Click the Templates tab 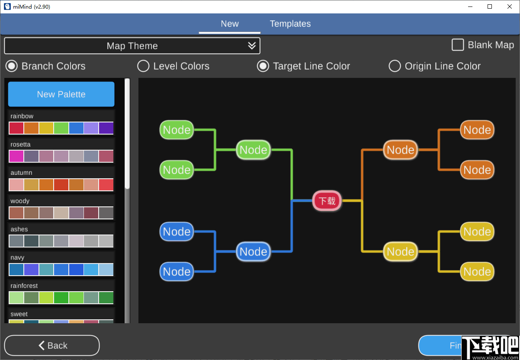coord(290,24)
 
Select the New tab coord(230,24)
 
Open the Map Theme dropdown coord(132,46)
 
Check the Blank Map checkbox coord(458,45)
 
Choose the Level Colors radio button coord(143,66)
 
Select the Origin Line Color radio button coord(395,66)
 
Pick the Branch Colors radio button coord(12,66)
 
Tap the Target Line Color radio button coord(263,66)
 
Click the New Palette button coord(61,94)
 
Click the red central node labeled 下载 coord(327,201)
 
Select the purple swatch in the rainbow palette coord(106,128)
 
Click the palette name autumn coord(21,173)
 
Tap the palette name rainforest coord(24,286)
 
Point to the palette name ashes coord(19,229)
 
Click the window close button coord(509,6)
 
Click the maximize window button coord(490,6)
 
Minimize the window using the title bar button coord(470,6)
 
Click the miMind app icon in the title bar coord(7,6)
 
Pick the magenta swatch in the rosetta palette coord(16,156)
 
